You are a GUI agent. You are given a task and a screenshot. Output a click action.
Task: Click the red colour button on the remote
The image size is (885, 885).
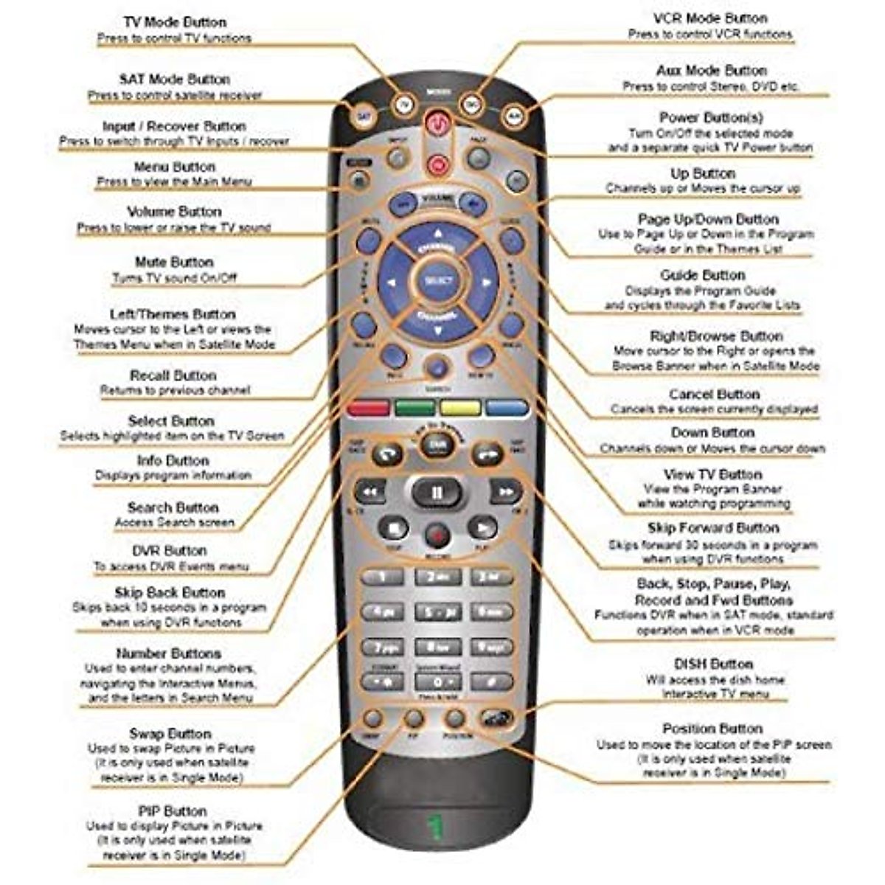[368, 408]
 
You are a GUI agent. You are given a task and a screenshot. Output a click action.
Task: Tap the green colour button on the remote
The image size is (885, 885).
[415, 408]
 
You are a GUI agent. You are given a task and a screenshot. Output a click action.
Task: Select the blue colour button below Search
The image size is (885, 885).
[507, 408]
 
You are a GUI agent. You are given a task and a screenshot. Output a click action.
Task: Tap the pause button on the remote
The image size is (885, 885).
[437, 492]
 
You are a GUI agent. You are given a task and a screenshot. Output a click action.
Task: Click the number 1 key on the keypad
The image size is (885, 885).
[381, 577]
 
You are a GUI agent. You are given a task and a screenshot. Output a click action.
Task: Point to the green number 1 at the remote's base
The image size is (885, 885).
[437, 827]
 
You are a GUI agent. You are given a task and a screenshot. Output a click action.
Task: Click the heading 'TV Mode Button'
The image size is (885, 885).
[175, 22]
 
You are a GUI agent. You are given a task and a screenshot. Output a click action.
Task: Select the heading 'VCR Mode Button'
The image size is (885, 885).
[710, 18]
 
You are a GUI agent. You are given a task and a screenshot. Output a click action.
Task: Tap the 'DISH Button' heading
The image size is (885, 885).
[713, 664]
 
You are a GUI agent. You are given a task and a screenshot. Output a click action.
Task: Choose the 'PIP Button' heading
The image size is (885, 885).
[172, 811]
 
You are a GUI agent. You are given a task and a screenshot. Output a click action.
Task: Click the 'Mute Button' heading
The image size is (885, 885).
[174, 263]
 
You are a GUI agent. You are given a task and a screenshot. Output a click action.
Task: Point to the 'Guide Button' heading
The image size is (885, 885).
[703, 275]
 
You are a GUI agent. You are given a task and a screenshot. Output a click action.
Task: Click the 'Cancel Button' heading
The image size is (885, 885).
[714, 394]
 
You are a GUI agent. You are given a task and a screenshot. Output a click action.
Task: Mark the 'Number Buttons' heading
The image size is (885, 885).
[168, 653]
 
